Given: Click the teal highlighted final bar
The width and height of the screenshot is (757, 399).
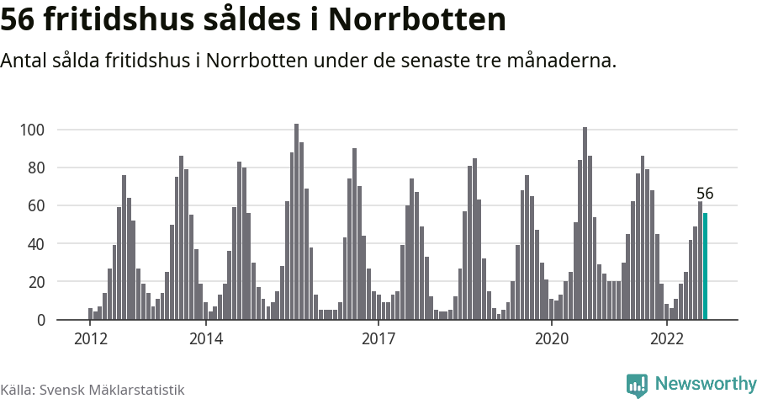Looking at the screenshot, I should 706,266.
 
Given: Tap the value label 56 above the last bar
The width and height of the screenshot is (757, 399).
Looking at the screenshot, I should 705,194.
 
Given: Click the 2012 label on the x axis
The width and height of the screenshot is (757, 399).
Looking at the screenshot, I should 90,338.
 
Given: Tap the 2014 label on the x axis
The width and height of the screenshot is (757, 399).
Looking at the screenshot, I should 205,338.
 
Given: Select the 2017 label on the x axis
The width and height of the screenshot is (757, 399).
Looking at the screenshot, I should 378,338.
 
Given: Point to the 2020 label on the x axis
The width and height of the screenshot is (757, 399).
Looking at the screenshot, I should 552,338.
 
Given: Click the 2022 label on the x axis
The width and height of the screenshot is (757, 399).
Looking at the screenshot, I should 667,338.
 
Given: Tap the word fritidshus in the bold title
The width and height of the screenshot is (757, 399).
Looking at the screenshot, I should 124,20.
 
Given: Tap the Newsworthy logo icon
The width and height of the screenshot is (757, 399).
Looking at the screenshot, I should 637,385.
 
